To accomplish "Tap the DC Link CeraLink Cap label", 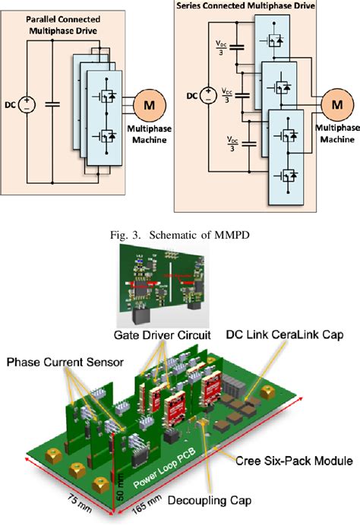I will pyautogui.click(x=285, y=335).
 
